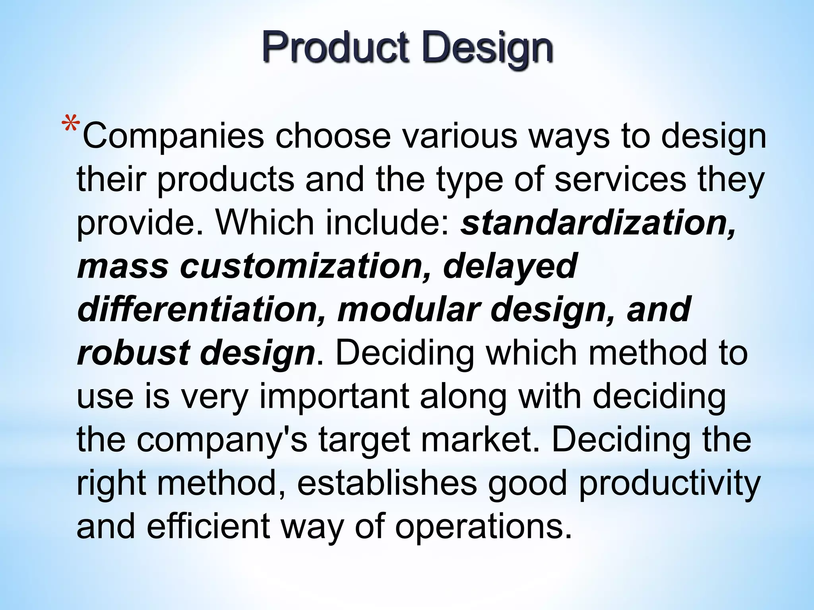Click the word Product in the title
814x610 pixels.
[x=335, y=48]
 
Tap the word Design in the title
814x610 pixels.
[x=488, y=48]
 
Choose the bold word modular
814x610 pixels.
[x=409, y=310]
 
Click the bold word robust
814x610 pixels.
[x=133, y=353]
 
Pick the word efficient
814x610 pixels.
[x=209, y=527]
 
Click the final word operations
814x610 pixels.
[x=483, y=527]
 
